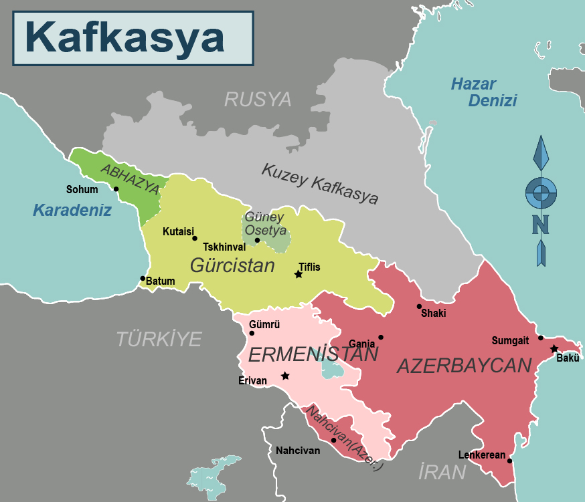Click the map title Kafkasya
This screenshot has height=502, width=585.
[124, 38]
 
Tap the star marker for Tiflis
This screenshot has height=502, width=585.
[299, 275]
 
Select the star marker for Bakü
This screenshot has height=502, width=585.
[554, 349]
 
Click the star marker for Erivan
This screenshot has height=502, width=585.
[285, 376]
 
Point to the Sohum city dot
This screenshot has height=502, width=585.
[116, 189]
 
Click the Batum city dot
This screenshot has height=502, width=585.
[143, 279]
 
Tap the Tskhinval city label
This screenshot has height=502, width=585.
[224, 247]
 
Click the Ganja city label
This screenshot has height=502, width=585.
[361, 343]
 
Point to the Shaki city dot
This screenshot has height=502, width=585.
[419, 307]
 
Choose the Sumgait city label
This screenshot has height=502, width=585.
[510, 340]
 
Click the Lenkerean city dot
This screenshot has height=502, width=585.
[510, 461]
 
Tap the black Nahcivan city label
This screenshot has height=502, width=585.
[298, 451]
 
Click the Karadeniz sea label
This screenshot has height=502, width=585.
[72, 210]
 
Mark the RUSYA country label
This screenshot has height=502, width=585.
[258, 100]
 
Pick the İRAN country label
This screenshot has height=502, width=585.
[442, 472]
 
